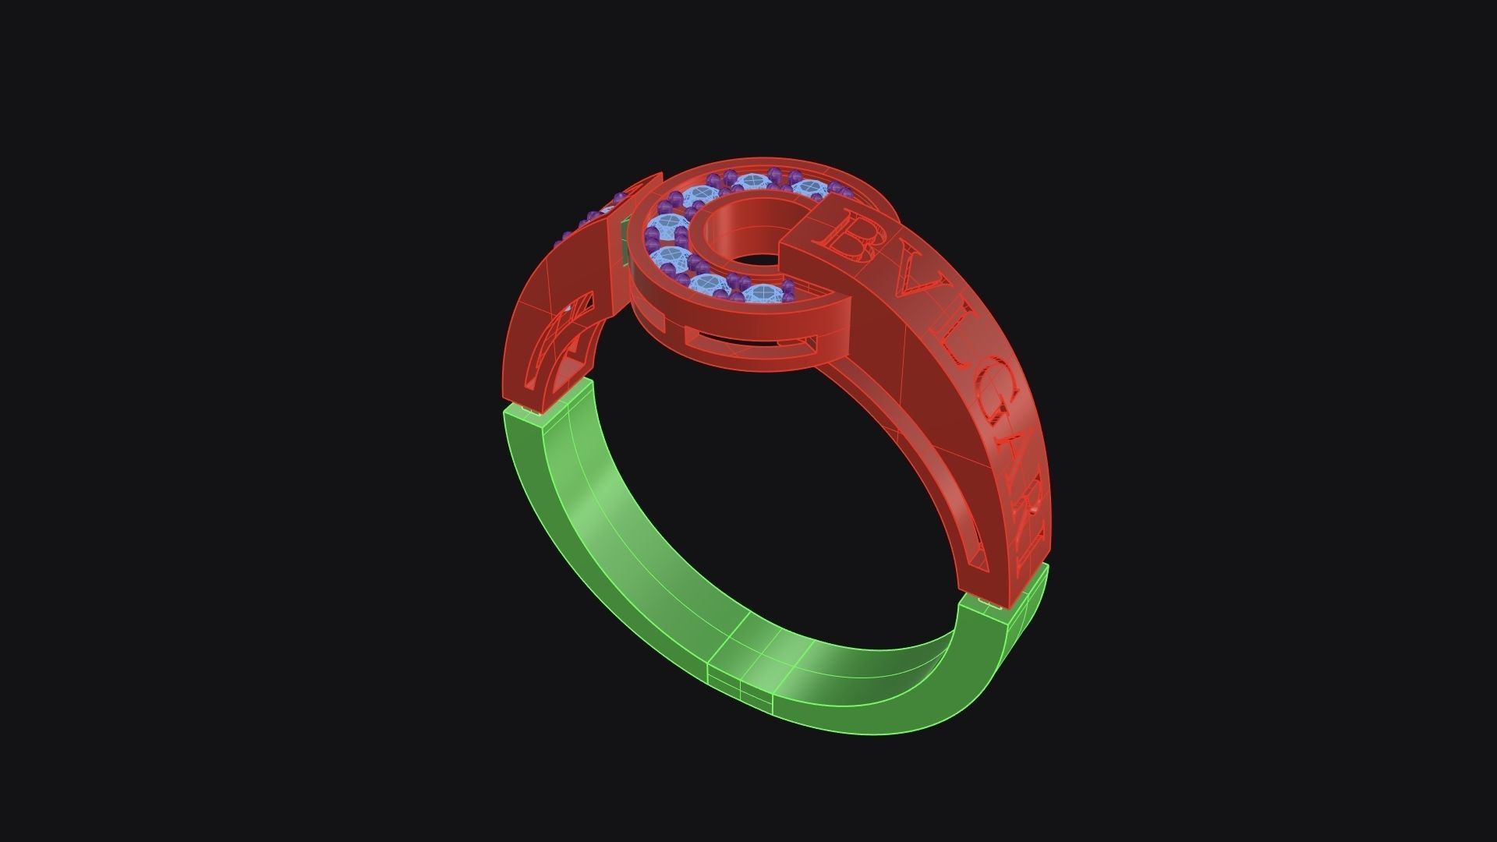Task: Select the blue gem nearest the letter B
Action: [x=809, y=189]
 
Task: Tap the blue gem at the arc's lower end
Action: [x=763, y=294]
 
